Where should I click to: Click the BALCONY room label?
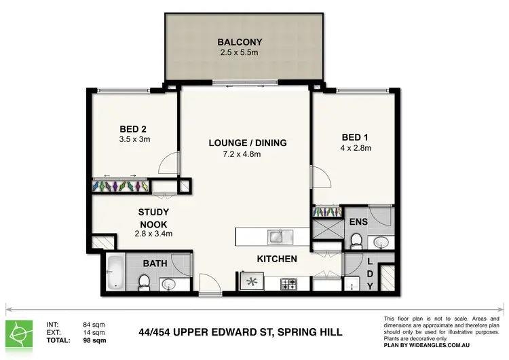pos(240,42)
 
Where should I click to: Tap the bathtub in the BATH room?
pos(115,272)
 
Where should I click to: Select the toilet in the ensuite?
pos(356,241)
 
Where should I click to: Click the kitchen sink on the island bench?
pos(280,236)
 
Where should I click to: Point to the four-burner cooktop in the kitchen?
pos(288,284)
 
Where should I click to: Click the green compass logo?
pos(19,334)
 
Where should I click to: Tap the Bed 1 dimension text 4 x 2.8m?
pos(356,148)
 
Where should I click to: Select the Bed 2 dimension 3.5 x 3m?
pos(134,139)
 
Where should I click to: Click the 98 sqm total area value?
pos(94,340)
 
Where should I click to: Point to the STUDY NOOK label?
pos(153,218)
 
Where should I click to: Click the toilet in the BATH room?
pos(144,283)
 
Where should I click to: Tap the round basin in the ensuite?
pos(381,242)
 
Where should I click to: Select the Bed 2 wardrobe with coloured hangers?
pos(120,186)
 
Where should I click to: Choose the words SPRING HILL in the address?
pos(310,332)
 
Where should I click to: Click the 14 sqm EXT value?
pos(94,332)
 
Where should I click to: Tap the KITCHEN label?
pos(277,259)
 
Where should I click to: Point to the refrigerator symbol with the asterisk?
pos(252,281)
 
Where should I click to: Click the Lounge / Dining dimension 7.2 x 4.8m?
pos(242,154)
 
